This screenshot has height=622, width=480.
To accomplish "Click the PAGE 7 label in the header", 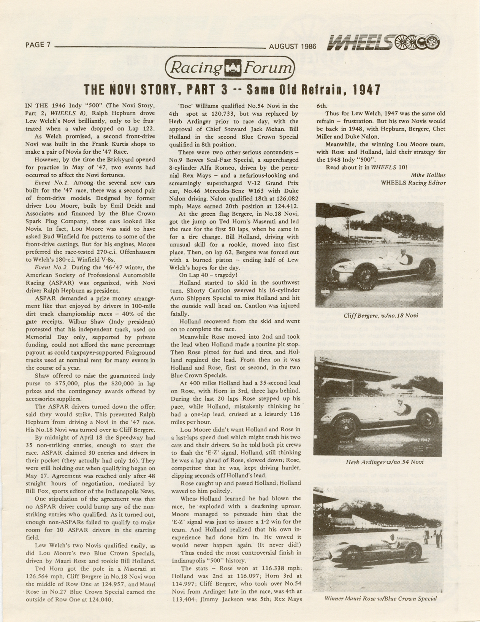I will pyautogui.click(x=38, y=45).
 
